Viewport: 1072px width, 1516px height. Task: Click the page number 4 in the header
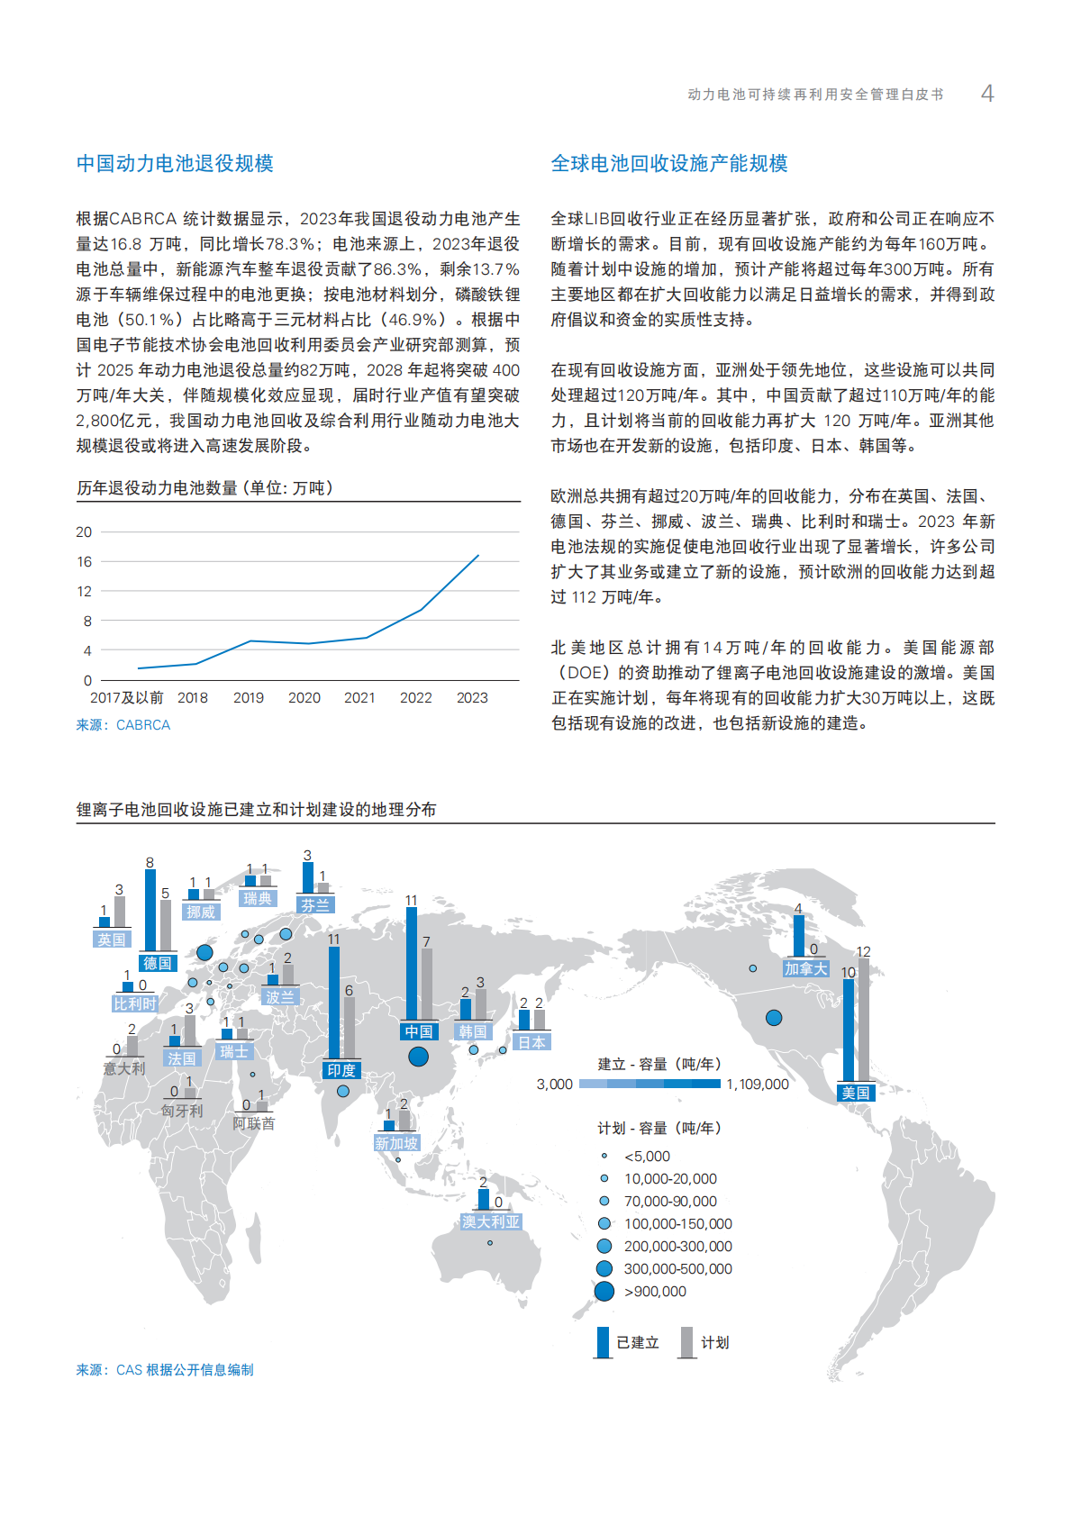pyautogui.click(x=987, y=94)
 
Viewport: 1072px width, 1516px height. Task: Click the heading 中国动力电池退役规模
pyautogui.click(x=175, y=163)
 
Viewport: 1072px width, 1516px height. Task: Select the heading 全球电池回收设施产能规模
pyautogui.click(x=668, y=163)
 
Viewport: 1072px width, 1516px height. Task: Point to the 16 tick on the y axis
pyautogui.click(x=84, y=561)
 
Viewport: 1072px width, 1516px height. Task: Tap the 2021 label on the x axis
pyautogui.click(x=359, y=697)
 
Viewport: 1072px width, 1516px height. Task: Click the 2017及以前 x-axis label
pyautogui.click(x=126, y=697)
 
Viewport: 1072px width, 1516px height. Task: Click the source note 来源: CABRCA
pyautogui.click(x=123, y=724)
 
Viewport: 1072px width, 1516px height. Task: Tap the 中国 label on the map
pyautogui.click(x=419, y=1031)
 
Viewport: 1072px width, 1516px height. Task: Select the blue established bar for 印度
pyautogui.click(x=334, y=1002)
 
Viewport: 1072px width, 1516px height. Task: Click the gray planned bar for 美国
pyautogui.click(x=864, y=1018)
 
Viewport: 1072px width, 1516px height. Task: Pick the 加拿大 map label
pyautogui.click(x=805, y=968)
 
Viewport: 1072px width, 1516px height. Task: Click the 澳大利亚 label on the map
pyautogui.click(x=491, y=1221)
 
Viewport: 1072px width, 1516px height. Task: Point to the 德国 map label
pyautogui.click(x=158, y=963)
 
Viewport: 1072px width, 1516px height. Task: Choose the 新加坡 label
pyautogui.click(x=396, y=1143)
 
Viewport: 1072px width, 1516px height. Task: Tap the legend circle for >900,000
pyautogui.click(x=604, y=1291)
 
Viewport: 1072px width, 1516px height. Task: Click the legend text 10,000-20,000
pyautogui.click(x=670, y=1178)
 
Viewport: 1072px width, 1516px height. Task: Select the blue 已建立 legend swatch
pyautogui.click(x=603, y=1342)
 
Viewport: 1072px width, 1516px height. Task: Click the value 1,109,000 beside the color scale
pyautogui.click(x=757, y=1084)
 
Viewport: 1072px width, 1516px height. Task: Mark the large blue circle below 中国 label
pyautogui.click(x=419, y=1057)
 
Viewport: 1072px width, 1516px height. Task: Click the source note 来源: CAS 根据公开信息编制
pyautogui.click(x=165, y=1369)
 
